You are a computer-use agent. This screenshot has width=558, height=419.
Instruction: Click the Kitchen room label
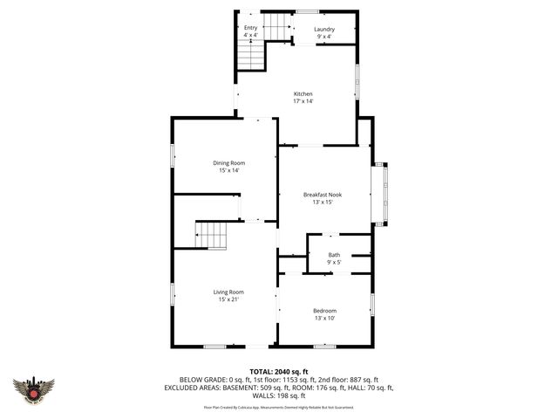(303, 94)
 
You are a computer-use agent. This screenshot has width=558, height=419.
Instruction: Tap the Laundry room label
(324, 29)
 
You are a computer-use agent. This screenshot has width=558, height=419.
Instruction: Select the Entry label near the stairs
(250, 28)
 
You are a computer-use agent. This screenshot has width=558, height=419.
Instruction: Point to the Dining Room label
(228, 163)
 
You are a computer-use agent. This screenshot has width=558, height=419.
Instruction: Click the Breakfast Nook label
(323, 195)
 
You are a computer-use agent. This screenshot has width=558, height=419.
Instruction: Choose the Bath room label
(334, 255)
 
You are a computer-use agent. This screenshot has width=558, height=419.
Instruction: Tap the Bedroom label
(325, 311)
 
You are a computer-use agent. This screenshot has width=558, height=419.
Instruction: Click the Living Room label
(228, 292)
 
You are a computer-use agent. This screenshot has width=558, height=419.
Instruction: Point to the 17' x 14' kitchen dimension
(303, 101)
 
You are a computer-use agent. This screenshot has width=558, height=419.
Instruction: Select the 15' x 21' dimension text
(228, 299)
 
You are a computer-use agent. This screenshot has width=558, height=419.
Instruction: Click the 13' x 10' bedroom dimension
(325, 319)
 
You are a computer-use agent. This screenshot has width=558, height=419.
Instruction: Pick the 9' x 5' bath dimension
(334, 262)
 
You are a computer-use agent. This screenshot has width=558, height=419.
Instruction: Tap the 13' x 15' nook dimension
(323, 202)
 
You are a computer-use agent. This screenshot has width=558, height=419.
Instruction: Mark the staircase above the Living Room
(211, 235)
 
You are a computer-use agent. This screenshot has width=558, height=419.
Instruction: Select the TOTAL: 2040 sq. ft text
(279, 372)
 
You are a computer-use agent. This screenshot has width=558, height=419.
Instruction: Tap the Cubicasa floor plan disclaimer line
(279, 407)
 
